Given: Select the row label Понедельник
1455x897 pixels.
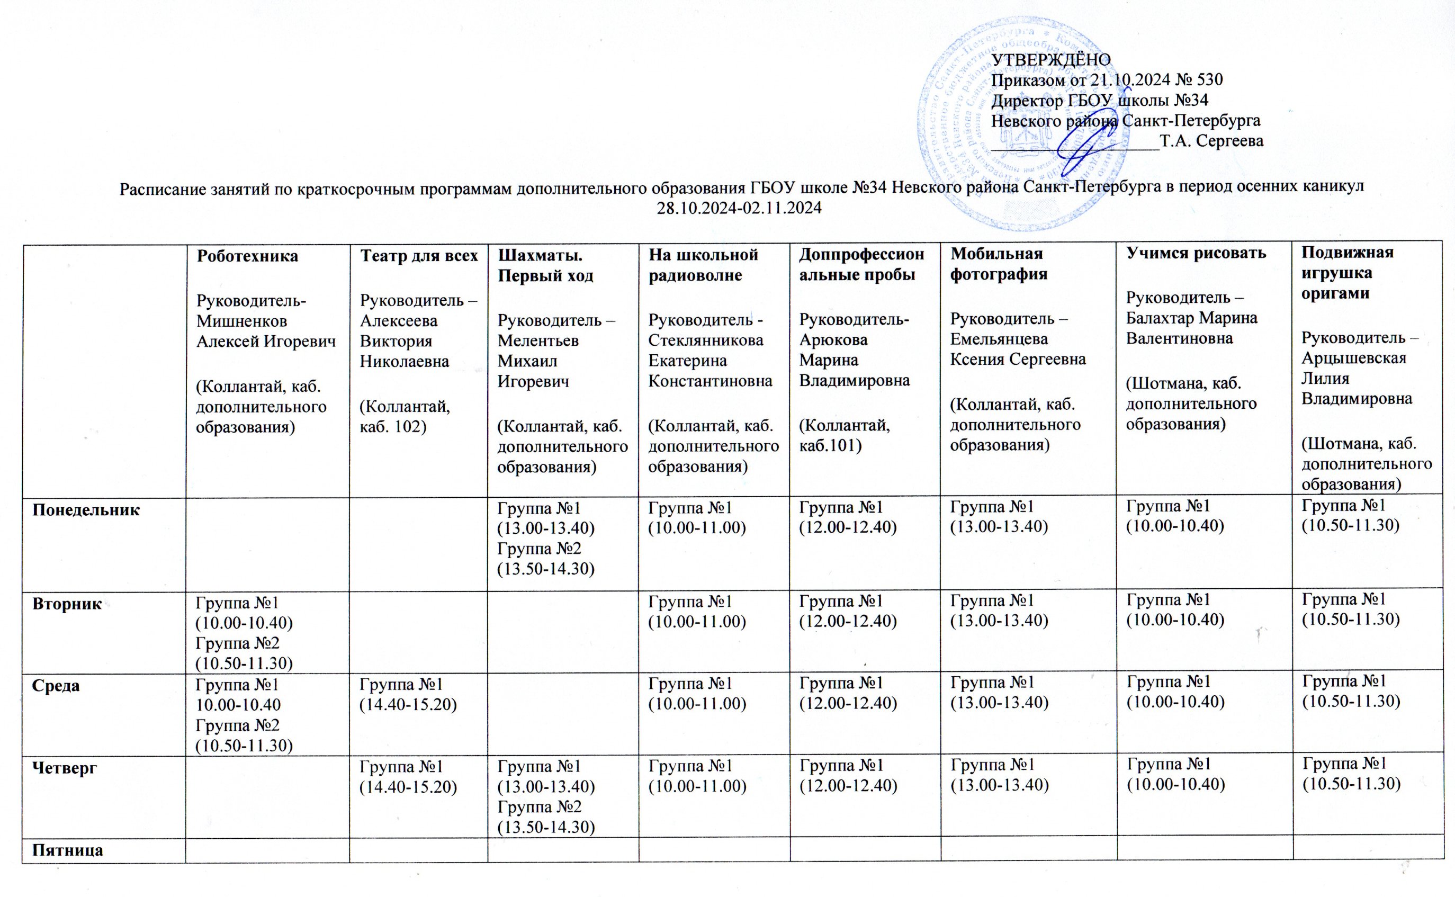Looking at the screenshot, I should tap(85, 509).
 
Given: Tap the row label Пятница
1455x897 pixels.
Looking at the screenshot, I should tap(67, 849).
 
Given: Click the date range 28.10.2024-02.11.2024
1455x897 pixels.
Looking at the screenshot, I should tap(739, 208).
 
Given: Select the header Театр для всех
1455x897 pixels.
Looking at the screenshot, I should tap(419, 256).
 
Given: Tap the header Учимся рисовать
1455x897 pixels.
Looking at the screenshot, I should tap(1196, 253).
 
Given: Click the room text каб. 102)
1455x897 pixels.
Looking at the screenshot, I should tap(393, 427).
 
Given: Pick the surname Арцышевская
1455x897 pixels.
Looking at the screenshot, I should tap(1353, 358).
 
